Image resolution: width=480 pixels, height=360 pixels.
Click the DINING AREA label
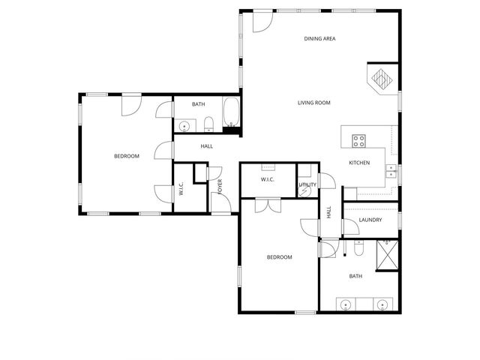(x=319, y=39)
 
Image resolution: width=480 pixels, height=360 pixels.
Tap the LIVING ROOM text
(x=314, y=103)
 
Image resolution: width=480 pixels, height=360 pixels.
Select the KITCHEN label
(x=359, y=163)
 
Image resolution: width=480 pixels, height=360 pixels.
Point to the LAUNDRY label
(x=370, y=220)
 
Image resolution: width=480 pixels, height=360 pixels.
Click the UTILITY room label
(x=307, y=184)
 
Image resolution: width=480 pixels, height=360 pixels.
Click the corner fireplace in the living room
(x=382, y=79)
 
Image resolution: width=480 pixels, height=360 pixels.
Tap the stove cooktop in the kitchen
(x=358, y=139)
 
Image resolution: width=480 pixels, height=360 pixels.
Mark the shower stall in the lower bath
(x=388, y=256)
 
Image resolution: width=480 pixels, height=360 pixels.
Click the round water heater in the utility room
(x=305, y=191)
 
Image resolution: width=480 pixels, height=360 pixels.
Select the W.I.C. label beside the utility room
(x=268, y=180)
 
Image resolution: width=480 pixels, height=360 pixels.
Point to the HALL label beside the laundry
(x=328, y=213)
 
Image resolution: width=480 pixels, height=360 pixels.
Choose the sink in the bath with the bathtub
(x=184, y=125)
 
